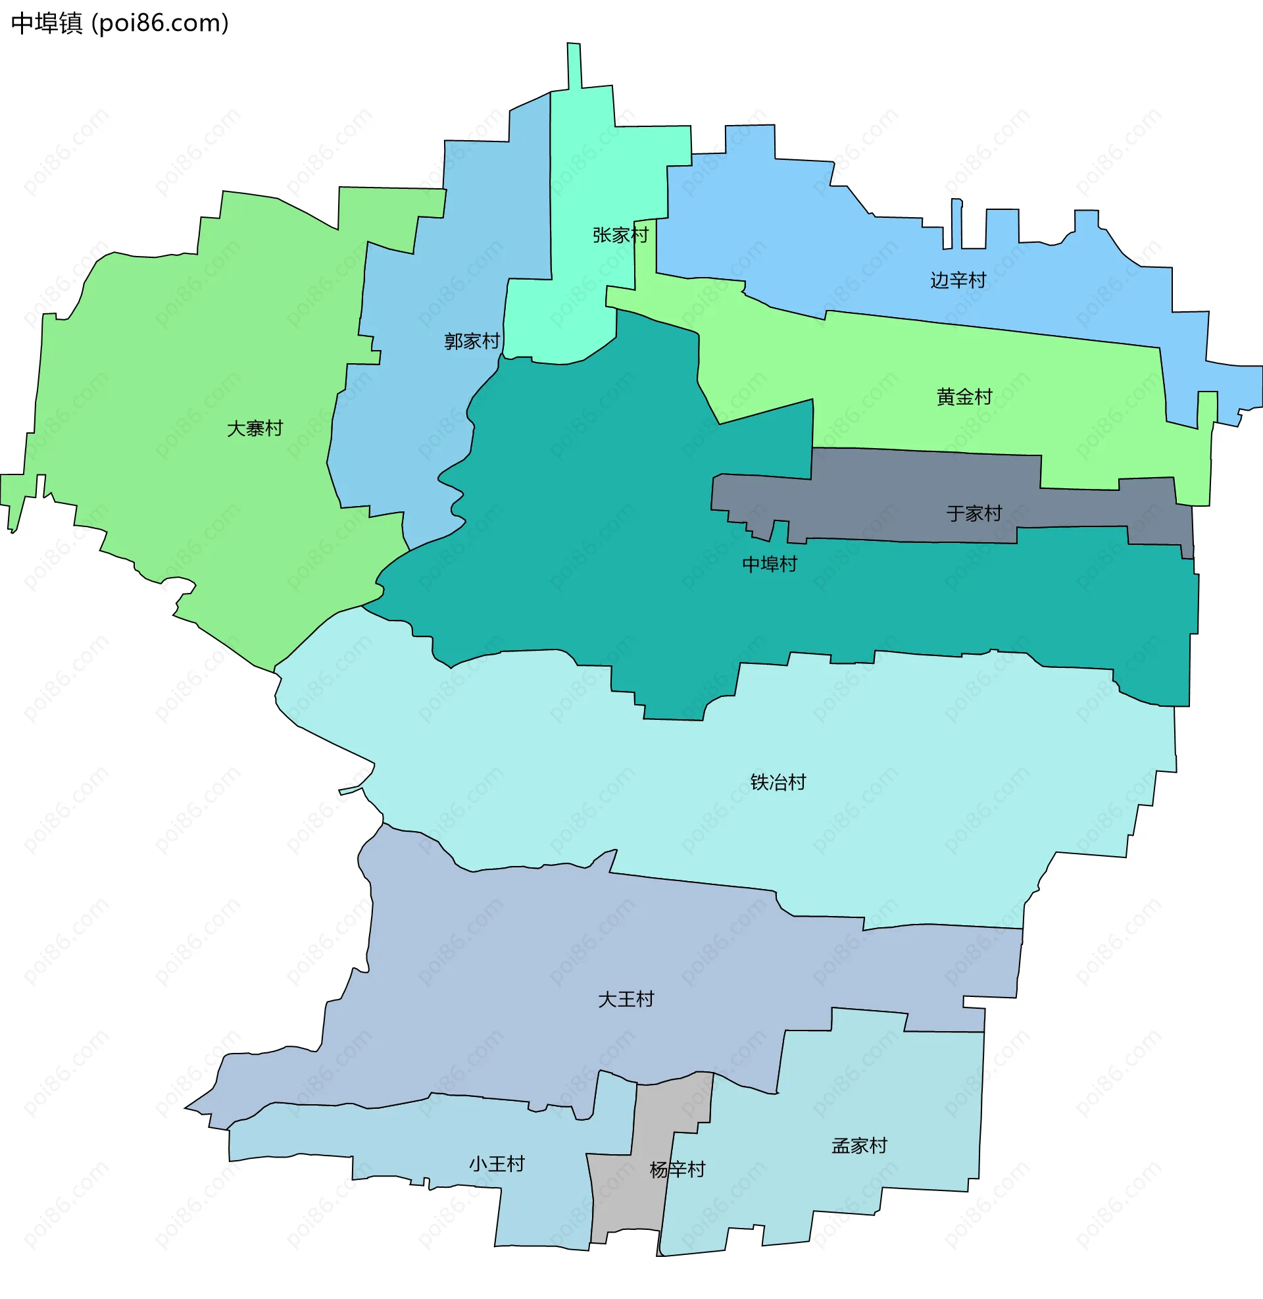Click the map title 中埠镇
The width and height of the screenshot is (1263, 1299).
tap(47, 23)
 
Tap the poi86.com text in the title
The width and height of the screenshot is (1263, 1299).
tap(160, 23)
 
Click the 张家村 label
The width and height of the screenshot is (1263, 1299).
tap(620, 235)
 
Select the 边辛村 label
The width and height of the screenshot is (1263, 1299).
tap(958, 280)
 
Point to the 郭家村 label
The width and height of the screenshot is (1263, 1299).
tap(472, 341)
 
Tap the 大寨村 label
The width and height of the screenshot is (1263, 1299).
tap(255, 428)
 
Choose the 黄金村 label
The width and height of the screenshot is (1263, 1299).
tap(964, 397)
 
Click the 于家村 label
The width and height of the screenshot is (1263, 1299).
tap(974, 513)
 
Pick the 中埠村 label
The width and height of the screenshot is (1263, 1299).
tap(770, 564)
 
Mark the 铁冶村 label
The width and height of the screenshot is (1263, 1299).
tap(778, 782)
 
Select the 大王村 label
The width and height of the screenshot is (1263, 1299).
tap(626, 999)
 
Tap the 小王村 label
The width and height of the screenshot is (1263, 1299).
tap(497, 1163)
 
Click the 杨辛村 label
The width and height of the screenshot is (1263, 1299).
tap(678, 1169)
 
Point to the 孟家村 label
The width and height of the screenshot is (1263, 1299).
tap(859, 1146)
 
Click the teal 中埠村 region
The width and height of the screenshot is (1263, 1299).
tap(597, 531)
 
